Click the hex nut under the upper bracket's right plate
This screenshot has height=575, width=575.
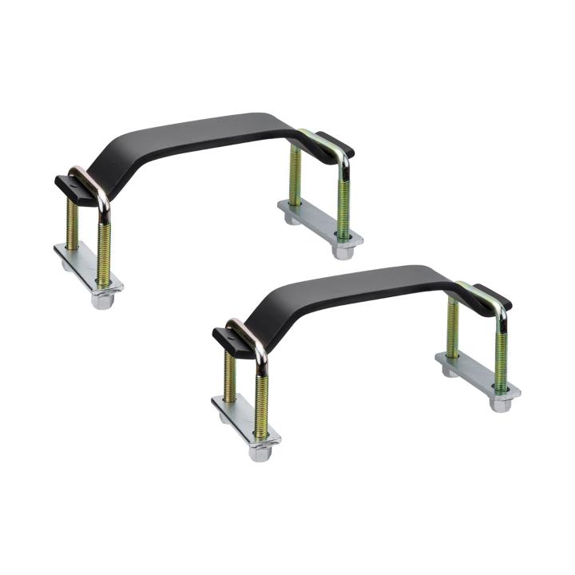(343, 252)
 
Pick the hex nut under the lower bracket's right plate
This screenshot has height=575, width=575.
(501, 403)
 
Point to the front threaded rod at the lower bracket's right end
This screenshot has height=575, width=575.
(501, 355)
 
